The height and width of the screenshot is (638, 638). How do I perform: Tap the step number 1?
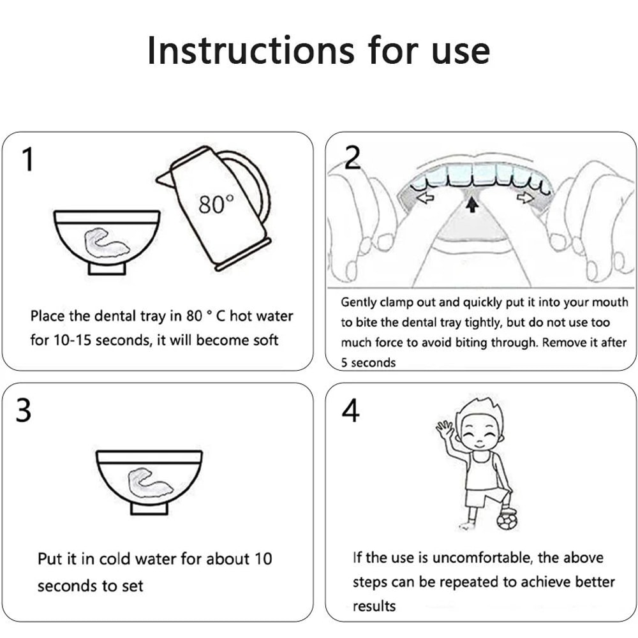coord(27,159)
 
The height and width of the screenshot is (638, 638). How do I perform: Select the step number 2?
coord(352,157)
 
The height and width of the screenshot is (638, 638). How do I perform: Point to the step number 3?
coord(24,410)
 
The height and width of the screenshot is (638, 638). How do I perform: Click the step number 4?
coord(350,410)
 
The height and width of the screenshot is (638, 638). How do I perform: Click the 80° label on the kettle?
coord(216,204)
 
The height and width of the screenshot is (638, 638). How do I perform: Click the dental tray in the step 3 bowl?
coord(149,482)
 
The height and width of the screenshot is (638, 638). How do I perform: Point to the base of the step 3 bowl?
coord(149,508)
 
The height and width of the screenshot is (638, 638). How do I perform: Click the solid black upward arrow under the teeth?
coord(472,204)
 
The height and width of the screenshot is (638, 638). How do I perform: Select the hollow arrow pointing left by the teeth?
coord(426,198)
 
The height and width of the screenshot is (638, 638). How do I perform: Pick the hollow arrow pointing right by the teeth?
coord(525,197)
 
